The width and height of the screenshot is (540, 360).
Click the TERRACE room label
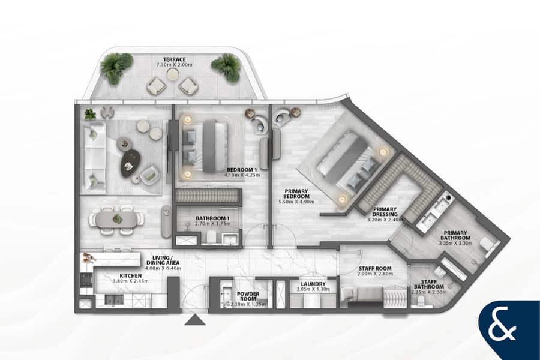[174, 59]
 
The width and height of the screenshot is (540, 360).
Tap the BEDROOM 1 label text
[242, 170]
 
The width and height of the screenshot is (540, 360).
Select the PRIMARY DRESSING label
[385, 212]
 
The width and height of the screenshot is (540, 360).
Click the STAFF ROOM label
[375, 268]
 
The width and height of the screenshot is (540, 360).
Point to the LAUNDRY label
[313, 284]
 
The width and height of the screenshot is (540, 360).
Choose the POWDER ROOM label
[248, 296]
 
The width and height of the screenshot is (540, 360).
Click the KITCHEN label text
[131, 275]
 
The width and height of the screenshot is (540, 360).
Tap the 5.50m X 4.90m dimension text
[296, 202]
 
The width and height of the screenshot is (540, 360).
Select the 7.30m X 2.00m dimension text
[174, 65]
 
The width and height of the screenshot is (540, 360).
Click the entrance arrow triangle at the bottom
[195, 320]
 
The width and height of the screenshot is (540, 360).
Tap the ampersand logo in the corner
[502, 328]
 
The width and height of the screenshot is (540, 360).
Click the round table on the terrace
[172, 74]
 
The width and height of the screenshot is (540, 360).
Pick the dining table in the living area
[117, 220]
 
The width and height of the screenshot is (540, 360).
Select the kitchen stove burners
[86, 280]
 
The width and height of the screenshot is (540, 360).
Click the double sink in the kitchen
[114, 300]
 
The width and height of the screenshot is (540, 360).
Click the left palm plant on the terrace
[116, 68]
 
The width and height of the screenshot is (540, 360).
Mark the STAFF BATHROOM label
[428, 284]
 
